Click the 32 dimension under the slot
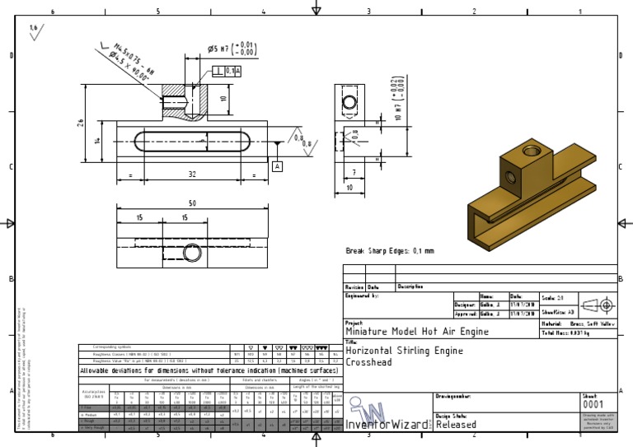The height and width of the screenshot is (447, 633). [191, 175]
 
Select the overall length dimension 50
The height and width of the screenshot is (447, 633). [191, 203]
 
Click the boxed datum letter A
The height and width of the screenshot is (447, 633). [277, 165]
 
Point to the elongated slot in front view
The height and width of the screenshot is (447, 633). [191, 141]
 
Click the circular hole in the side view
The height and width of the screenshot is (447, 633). [349, 102]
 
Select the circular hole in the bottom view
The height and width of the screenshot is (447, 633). [191, 250]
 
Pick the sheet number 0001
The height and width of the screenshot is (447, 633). [593, 405]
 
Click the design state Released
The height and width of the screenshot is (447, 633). [455, 425]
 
